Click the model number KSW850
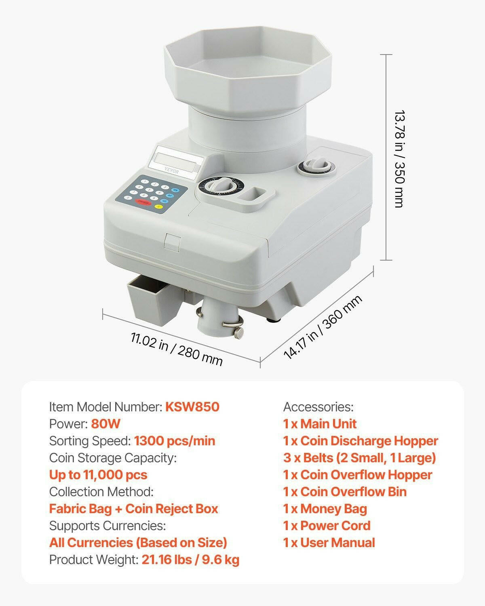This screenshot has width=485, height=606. pos(192,407)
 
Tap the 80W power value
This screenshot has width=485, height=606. pos(106,424)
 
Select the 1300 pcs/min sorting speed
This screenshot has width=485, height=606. pos(175,441)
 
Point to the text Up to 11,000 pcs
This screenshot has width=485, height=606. pos(98,475)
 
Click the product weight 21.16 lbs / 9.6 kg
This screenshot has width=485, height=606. pos(190,560)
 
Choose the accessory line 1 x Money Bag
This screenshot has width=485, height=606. pos(325,509)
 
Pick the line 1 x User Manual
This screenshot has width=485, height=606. pos(329,543)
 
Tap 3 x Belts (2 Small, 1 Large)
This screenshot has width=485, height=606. pos(359,458)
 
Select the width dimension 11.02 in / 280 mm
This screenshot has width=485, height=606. pos(177,349)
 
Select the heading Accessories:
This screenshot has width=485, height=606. pos(318,407)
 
